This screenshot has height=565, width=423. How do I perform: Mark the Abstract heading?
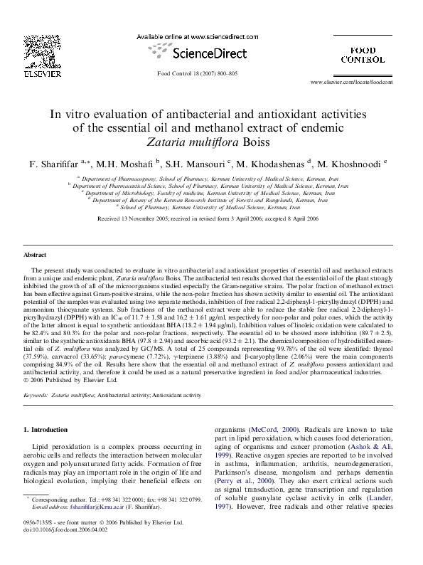tap(35, 254)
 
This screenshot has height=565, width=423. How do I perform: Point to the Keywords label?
tap(36, 394)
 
